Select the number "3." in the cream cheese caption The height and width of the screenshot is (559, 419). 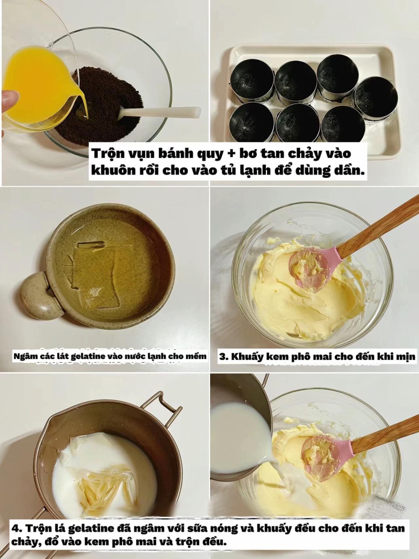click(224, 357)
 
